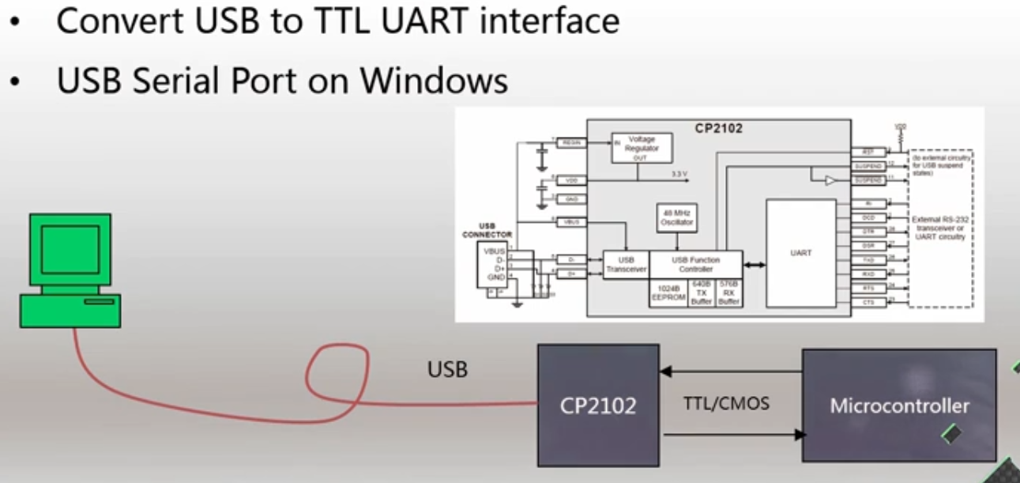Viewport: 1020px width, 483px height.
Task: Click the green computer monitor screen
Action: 70,249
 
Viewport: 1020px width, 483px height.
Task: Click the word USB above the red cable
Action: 447,368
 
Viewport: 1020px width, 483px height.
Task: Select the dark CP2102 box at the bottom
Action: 598,405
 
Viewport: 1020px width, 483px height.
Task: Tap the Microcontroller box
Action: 899,406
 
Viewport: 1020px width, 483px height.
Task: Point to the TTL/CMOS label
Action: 726,404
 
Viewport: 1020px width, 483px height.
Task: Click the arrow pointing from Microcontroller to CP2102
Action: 731,369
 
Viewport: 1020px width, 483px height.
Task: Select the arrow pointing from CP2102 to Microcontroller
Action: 731,434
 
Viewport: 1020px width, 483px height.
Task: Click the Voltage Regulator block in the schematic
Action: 641,148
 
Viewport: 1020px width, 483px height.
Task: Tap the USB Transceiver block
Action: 626,264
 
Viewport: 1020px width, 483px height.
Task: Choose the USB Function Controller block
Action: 695,264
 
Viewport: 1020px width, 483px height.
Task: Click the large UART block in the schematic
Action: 800,253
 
